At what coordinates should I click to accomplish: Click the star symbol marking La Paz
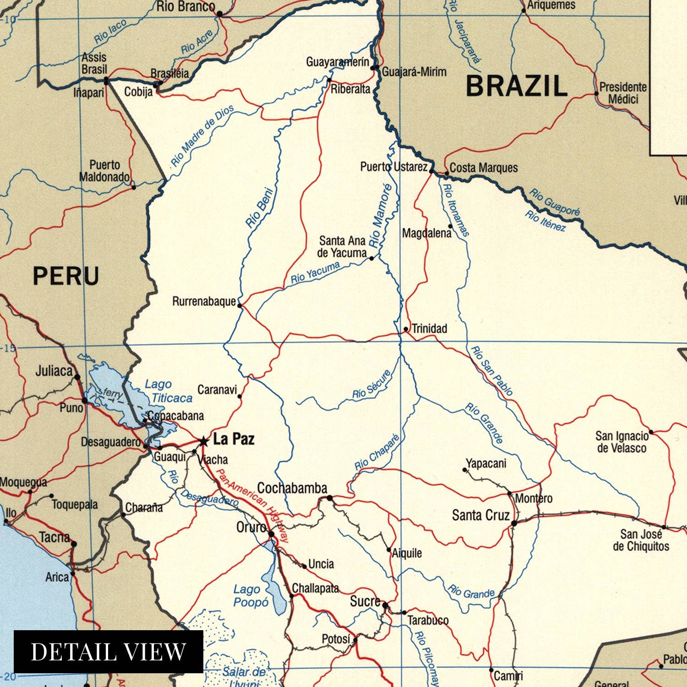[203, 441]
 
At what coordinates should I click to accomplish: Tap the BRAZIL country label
[516, 86]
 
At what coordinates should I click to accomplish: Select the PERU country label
[66, 276]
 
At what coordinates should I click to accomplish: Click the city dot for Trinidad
[406, 329]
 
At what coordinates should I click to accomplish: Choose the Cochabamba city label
[292, 488]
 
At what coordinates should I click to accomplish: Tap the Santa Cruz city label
[480, 515]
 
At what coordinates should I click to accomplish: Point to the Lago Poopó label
[251, 596]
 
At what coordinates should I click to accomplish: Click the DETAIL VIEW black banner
[109, 651]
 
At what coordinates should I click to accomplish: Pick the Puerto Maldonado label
[104, 171]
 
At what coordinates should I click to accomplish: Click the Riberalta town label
[350, 89]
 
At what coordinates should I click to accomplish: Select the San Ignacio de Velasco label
[622, 442]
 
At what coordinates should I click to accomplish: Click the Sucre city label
[365, 601]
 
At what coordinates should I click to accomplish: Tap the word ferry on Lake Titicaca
[113, 393]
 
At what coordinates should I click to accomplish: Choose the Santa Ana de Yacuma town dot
[371, 258]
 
